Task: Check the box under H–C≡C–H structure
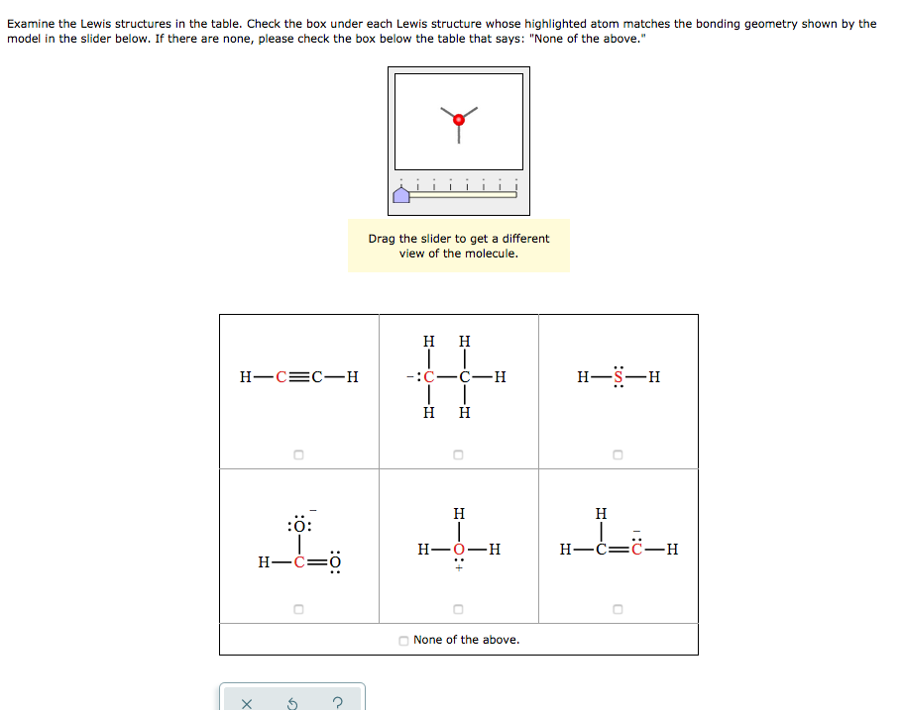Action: point(298,456)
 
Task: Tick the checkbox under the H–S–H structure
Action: point(618,456)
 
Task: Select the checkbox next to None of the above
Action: point(403,641)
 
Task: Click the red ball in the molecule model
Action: point(458,120)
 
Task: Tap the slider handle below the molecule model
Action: point(401,195)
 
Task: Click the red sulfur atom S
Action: point(620,377)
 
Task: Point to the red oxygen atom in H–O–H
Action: point(458,549)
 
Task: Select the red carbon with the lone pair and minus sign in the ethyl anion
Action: point(428,377)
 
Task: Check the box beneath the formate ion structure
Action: point(298,608)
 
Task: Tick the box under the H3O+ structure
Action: point(458,608)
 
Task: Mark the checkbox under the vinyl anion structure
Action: point(618,608)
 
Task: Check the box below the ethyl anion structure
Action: point(458,456)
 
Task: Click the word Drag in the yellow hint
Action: point(382,239)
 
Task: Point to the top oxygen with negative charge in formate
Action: point(299,526)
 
